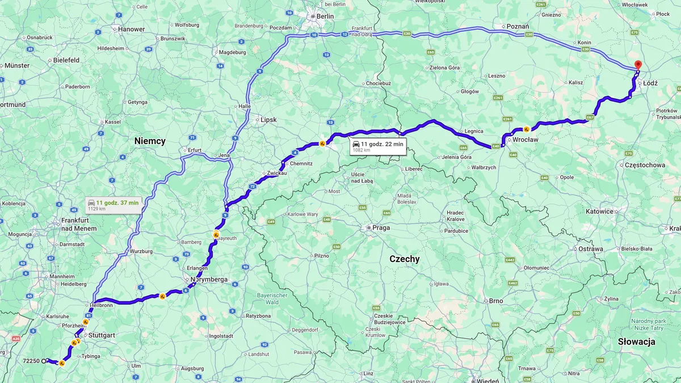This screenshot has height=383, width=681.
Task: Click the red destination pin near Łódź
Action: (x=637, y=65)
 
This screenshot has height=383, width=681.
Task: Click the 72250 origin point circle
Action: (x=44, y=361)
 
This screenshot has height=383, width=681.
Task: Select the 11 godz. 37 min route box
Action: (x=113, y=205)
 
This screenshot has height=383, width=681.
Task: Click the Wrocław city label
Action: (x=525, y=139)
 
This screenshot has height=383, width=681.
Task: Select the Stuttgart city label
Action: (x=102, y=335)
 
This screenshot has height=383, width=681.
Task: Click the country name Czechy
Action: (x=404, y=259)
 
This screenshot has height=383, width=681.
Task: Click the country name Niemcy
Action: (x=150, y=141)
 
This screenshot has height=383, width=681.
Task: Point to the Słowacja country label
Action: (x=637, y=342)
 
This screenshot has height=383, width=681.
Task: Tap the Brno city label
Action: (x=495, y=301)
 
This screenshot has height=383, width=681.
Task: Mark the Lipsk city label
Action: (x=268, y=120)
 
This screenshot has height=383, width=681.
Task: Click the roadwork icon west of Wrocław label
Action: (x=527, y=129)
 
